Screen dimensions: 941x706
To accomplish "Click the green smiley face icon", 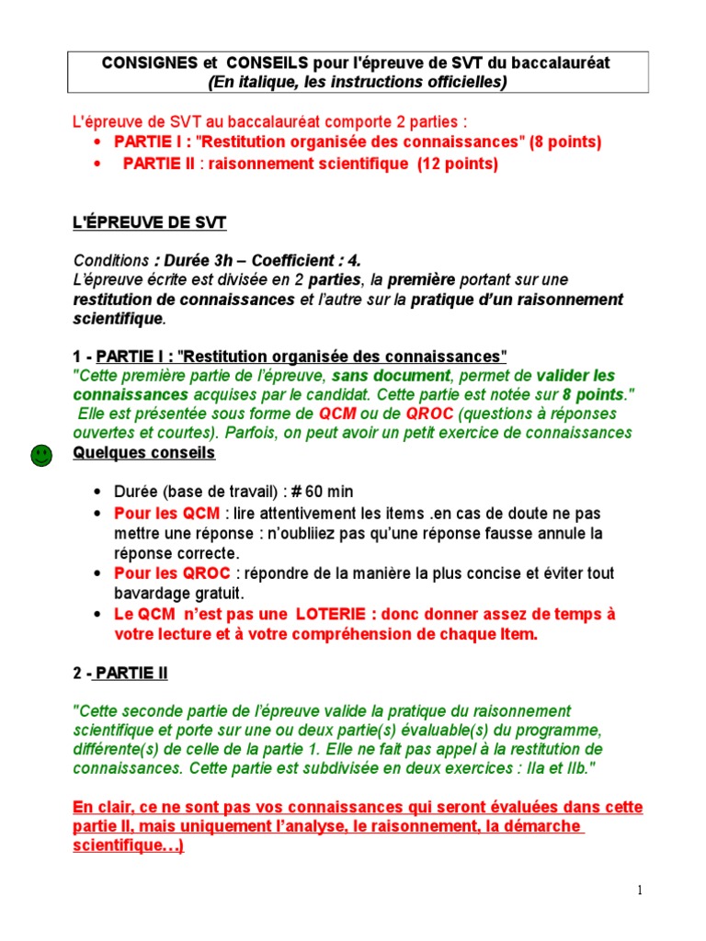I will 41,454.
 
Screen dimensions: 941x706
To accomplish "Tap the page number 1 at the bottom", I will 640,890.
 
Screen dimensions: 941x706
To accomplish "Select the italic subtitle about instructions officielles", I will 359,82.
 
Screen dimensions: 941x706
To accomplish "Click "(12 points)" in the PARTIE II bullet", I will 457,164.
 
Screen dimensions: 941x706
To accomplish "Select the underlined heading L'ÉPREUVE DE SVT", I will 149,224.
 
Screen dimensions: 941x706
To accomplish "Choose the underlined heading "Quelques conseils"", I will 143,454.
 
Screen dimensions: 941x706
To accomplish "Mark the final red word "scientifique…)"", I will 128,846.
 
